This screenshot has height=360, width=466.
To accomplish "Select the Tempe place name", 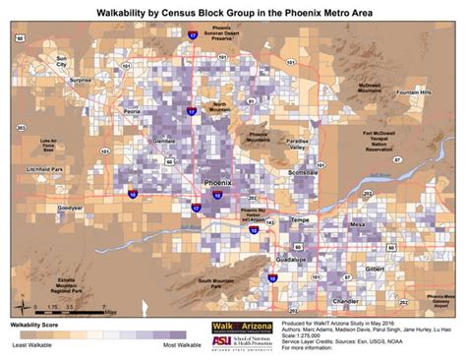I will (x=300, y=220).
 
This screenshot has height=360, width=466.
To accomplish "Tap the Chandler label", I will (x=345, y=301).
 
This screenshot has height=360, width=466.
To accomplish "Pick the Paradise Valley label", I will (x=297, y=145).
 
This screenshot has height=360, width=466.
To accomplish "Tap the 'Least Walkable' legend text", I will (x=33, y=345).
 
